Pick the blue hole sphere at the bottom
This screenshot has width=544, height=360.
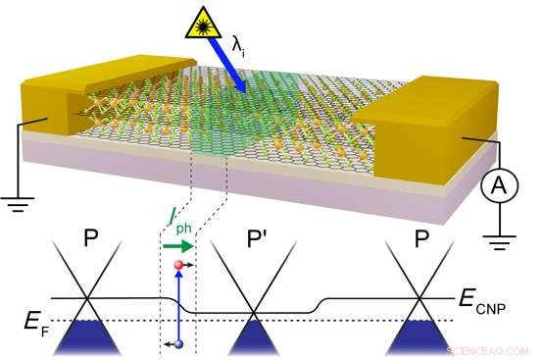pyautogui.click(x=177, y=343)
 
